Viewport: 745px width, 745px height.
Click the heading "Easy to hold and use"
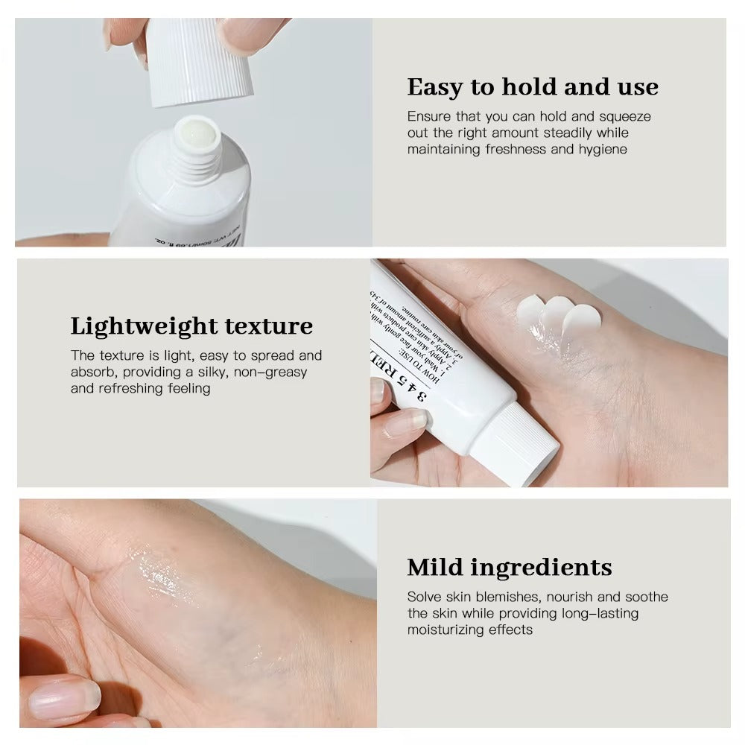533,87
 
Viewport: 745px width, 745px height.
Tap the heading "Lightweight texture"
191,326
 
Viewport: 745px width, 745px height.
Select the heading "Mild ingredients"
510,567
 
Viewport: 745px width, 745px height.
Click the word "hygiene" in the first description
600,149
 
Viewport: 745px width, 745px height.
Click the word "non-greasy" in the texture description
270,372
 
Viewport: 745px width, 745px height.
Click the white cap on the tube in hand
514,445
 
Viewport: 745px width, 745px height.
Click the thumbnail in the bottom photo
63,697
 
